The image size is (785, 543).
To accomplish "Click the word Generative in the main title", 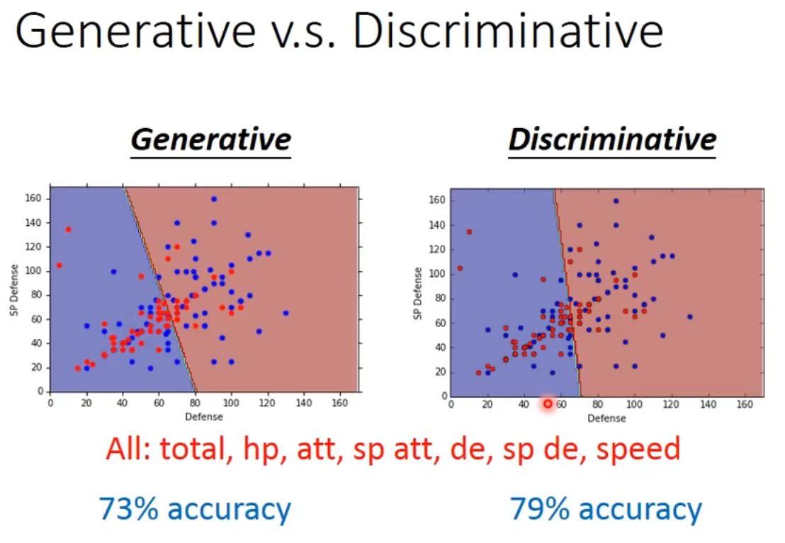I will pyautogui.click(x=135, y=33).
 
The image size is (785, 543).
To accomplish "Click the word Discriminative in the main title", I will pyautogui.click(x=508, y=33).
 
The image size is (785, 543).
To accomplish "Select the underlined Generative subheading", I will pyautogui.click(x=211, y=139).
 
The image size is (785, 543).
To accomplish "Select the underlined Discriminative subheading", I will pyautogui.click(x=612, y=139).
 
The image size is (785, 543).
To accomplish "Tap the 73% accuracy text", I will pyautogui.click(x=195, y=509).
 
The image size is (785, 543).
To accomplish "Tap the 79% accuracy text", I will pyautogui.click(x=606, y=509).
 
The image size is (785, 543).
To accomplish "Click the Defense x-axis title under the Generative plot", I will pyautogui.click(x=204, y=417).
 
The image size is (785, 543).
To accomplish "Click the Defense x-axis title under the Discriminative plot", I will pyautogui.click(x=607, y=418).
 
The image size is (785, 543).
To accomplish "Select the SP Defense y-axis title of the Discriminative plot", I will pyautogui.click(x=419, y=292).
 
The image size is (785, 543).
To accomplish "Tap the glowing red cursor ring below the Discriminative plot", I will pyautogui.click(x=548, y=404).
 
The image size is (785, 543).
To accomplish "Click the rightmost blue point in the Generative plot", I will pyautogui.click(x=286, y=312).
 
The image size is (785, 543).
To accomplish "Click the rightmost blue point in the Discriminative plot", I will pyautogui.click(x=689, y=316).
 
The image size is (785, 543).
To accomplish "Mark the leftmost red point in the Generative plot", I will pyautogui.click(x=59, y=265).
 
